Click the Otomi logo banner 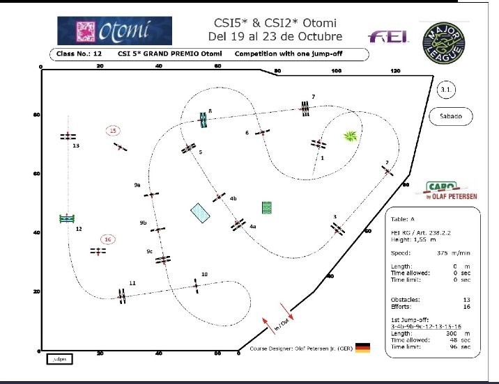coord(114,31)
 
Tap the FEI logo coord(384,35)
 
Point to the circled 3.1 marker coord(446,90)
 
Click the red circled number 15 coord(113,130)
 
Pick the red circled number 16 coord(107,239)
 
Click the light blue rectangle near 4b coord(201,213)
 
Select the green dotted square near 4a coord(266,207)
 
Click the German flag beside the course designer coord(362,348)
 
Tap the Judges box coord(59,359)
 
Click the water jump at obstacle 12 coord(67,219)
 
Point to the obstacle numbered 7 coord(305,107)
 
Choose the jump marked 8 coord(204,120)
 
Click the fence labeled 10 coord(197,285)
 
